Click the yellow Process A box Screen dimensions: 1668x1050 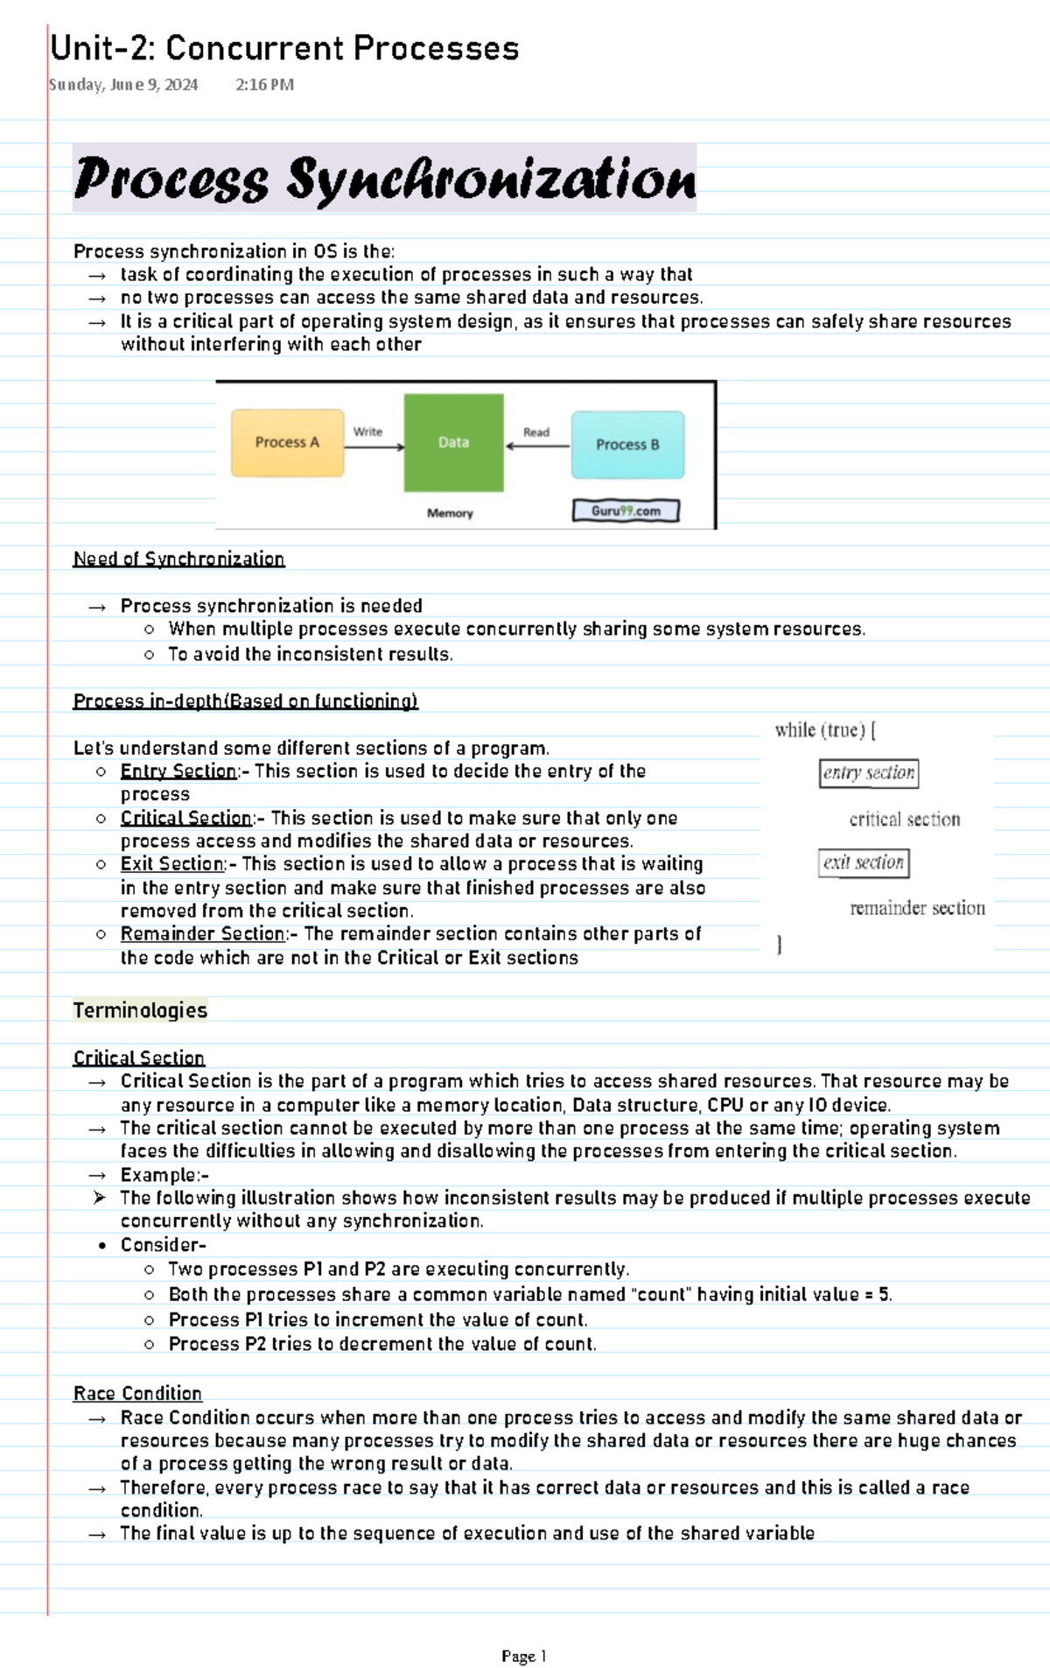tap(287, 443)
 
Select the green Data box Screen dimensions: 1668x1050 tap(453, 442)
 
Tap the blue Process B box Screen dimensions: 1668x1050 tap(627, 445)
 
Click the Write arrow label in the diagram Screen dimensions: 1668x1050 tap(367, 432)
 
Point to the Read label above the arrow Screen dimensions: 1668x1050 tap(536, 432)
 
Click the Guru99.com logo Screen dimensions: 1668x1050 tap(626, 510)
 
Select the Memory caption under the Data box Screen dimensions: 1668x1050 tap(450, 513)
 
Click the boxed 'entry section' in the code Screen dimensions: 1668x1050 tap(868, 773)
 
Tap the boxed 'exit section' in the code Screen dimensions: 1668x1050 tap(864, 862)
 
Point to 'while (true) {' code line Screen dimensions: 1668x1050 tap(825, 730)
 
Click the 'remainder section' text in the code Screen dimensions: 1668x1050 tap(917, 908)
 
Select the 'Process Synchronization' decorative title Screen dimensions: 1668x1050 tap(384, 179)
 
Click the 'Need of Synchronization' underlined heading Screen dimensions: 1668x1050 tap(178, 559)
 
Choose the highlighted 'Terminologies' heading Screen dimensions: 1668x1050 tap(140, 1010)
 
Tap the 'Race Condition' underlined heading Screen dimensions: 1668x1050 tap(137, 1393)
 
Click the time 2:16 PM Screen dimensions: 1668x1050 tap(264, 85)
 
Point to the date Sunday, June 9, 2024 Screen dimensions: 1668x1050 tap(123, 85)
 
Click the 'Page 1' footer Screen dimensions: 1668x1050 tap(524, 1656)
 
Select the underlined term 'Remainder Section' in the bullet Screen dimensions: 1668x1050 tap(203, 934)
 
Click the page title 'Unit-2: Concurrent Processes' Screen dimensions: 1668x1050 tap(284, 48)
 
